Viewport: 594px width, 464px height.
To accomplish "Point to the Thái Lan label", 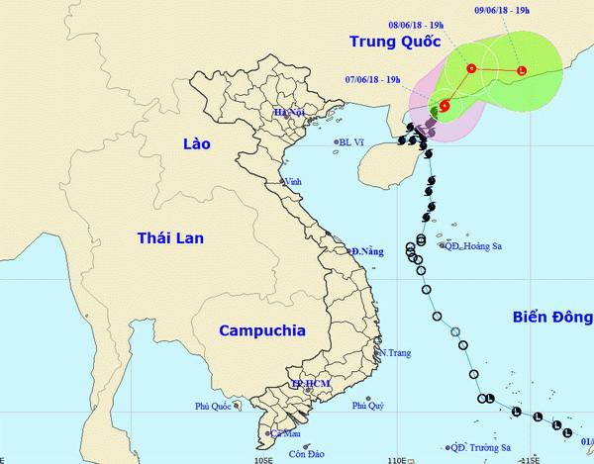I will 170,236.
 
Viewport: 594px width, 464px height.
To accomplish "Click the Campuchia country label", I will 261,330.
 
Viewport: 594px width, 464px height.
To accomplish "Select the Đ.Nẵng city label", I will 366,251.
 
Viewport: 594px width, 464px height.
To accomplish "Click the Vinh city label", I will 292,181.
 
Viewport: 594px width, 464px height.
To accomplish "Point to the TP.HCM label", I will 309,383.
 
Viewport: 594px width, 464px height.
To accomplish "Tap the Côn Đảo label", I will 309,454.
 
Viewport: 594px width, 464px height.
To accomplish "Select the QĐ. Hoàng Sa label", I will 469,244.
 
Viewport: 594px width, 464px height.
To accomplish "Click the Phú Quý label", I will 367,406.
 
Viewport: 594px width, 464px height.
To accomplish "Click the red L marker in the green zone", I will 521,70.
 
